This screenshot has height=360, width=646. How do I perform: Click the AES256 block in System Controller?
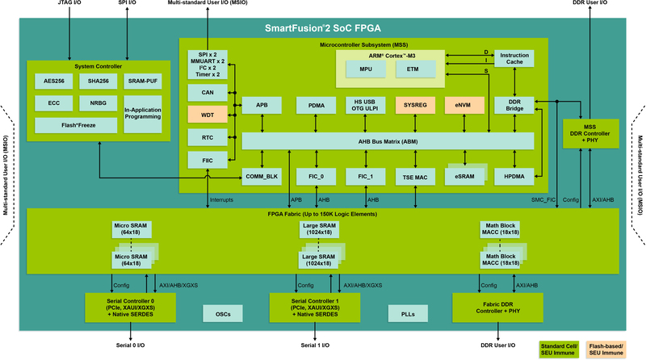click(54, 82)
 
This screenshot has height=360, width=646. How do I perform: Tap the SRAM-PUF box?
click(142, 82)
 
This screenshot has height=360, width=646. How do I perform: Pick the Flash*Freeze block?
click(76, 124)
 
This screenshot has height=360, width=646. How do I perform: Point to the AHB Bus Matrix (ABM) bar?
click(388, 140)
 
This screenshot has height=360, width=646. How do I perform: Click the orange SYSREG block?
click(414, 106)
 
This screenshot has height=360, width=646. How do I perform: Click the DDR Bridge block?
click(514, 106)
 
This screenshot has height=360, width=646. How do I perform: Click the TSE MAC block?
click(414, 176)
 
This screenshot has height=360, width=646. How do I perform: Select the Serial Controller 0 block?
click(130, 307)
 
